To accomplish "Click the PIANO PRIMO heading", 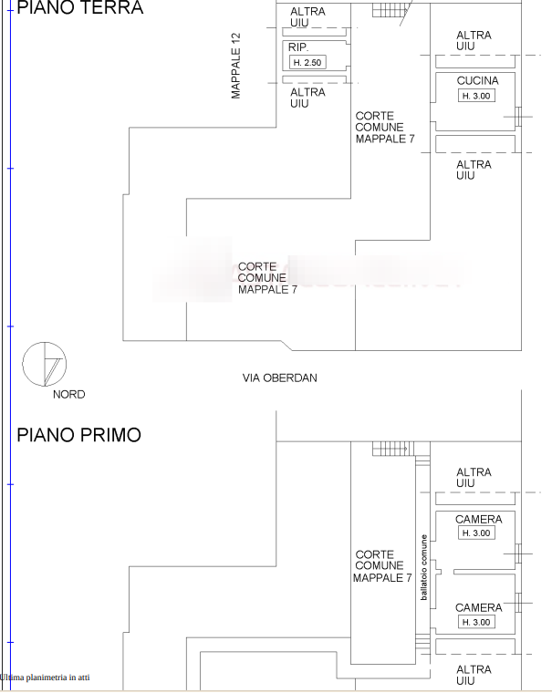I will (x=79, y=435).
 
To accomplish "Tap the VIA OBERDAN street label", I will (x=279, y=378).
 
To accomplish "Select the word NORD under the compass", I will (x=68, y=395).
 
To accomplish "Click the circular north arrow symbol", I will (x=44, y=364).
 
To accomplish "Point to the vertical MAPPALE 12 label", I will (x=236, y=66).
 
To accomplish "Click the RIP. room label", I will (x=298, y=47).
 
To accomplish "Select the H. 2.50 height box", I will (x=307, y=62).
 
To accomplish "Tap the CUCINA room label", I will (x=477, y=80).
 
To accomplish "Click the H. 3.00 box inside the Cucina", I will (x=476, y=96).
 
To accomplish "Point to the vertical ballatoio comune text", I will (x=423, y=566).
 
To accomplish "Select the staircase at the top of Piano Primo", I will (x=393, y=449).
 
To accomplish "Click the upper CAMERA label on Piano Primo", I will (x=478, y=520).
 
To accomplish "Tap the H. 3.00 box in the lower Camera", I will (x=476, y=622).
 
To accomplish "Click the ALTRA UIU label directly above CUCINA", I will (x=474, y=40).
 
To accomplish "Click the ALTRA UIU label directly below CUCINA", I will (x=474, y=170).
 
